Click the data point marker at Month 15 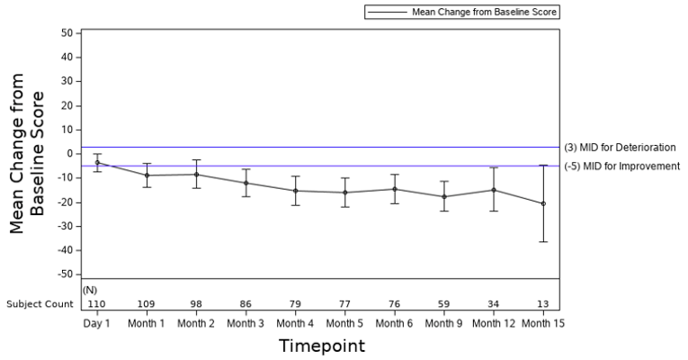click(542, 203)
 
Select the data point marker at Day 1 click(97, 163)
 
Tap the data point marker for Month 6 click(394, 189)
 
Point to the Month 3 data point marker click(246, 183)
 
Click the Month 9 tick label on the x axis click(443, 322)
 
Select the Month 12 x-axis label click(493, 322)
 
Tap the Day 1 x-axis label click(97, 322)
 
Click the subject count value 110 click(97, 304)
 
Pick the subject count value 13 click(542, 304)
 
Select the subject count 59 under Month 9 click(443, 304)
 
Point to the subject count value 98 click(196, 304)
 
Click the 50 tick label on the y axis click(66, 33)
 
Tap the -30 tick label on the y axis click(63, 226)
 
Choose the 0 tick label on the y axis click(68, 154)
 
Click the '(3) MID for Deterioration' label click(620, 148)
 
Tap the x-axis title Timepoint click(321, 346)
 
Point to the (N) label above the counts click(90, 290)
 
